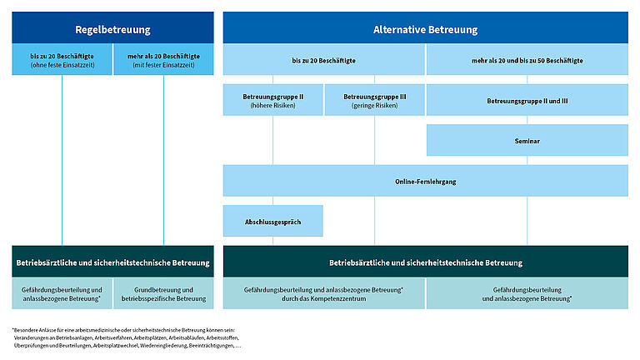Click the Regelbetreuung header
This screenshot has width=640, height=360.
(x=112, y=29)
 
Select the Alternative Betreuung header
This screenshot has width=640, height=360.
(x=425, y=29)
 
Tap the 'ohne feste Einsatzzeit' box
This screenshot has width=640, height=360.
(x=62, y=60)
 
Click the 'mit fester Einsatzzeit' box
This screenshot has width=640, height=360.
(x=163, y=60)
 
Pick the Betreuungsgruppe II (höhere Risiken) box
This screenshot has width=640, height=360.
(x=272, y=101)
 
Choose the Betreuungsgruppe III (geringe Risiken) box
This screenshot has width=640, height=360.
(x=374, y=101)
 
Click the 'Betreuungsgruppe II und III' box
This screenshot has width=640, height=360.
(x=527, y=101)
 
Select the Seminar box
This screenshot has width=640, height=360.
(x=527, y=141)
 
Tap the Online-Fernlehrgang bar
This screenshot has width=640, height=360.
(x=425, y=181)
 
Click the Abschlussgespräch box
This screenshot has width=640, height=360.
(x=272, y=221)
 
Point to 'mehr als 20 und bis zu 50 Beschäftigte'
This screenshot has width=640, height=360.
(x=527, y=60)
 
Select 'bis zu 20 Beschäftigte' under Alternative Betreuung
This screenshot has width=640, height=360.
(x=324, y=60)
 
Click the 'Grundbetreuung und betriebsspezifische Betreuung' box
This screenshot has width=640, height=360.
(x=163, y=293)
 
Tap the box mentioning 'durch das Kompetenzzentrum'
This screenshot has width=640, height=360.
(x=324, y=293)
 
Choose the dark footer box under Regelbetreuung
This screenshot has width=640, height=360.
(x=112, y=262)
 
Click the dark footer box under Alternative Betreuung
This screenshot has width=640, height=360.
(x=425, y=262)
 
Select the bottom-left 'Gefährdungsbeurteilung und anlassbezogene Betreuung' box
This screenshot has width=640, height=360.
(x=62, y=293)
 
